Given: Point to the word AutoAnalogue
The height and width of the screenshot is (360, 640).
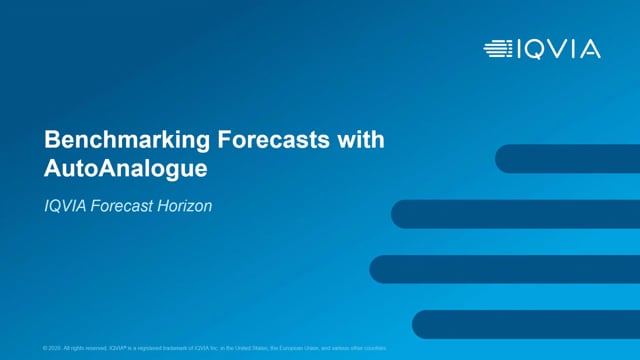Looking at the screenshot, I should coord(125,169).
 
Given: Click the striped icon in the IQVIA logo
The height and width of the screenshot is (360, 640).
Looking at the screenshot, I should coord(497,48).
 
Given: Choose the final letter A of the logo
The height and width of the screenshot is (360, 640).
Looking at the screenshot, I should coord(590,48).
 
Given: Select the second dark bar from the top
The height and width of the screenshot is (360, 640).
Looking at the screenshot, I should coord(515,214).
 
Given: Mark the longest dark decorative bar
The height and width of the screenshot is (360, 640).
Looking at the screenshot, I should coord(505,269).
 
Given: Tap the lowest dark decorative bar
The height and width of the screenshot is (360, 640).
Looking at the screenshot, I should coord(526,324).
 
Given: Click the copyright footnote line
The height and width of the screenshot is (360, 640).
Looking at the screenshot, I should coord(215,347).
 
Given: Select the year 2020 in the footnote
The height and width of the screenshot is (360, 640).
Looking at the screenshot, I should coord(56,347).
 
